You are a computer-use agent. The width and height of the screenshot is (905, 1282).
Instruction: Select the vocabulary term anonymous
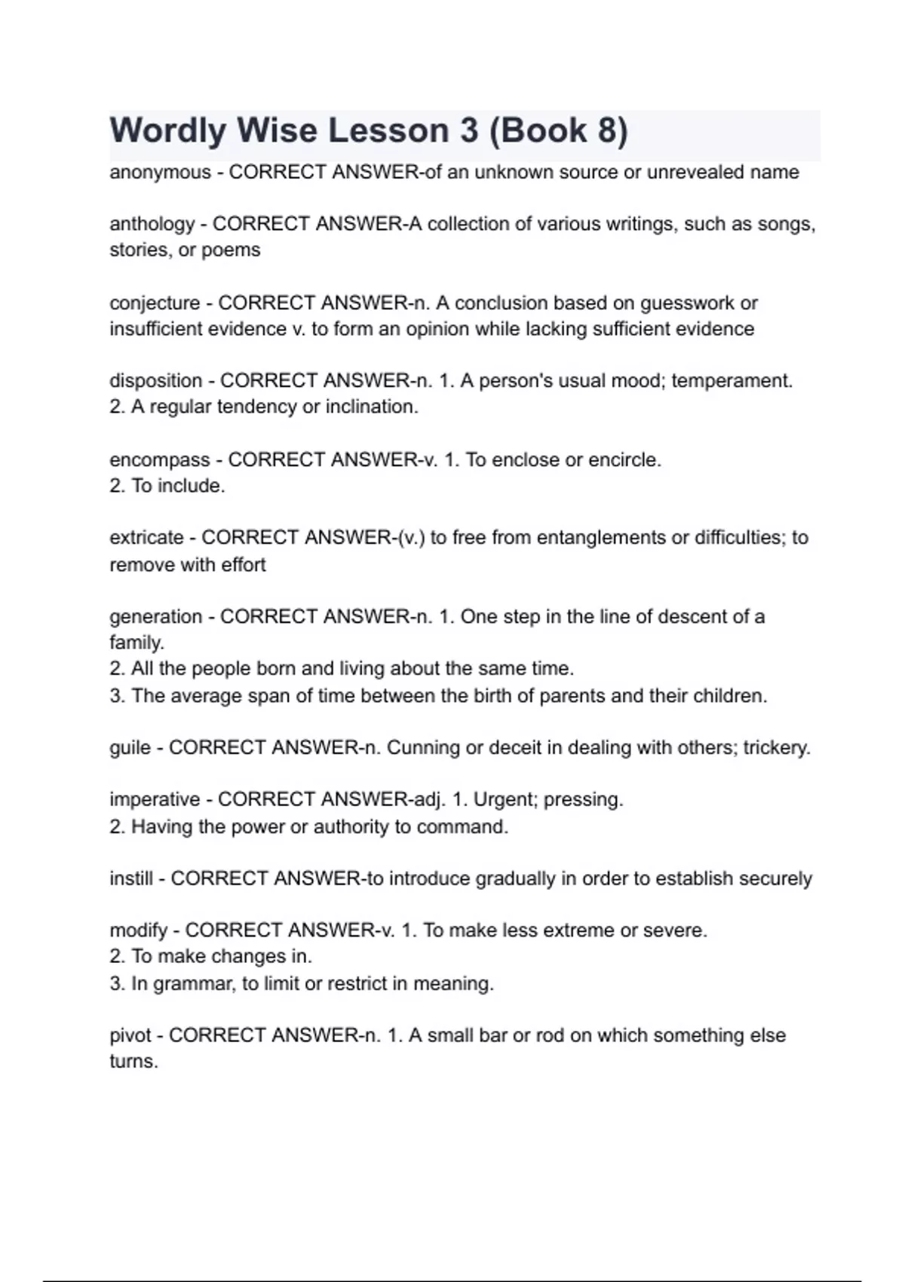(160, 173)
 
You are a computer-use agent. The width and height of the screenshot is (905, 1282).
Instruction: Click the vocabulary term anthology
(152, 224)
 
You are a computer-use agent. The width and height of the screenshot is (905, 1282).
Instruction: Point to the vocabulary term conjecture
(155, 303)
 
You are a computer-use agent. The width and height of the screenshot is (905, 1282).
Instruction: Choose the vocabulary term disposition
(155, 381)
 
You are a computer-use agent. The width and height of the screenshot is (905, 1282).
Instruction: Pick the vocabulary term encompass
(159, 460)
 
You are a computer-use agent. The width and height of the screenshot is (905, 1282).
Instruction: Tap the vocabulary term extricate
(146, 538)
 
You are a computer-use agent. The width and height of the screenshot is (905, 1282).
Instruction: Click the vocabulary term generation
(155, 617)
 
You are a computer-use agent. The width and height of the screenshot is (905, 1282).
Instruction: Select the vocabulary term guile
(130, 748)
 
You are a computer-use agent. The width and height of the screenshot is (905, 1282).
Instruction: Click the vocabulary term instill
(130, 879)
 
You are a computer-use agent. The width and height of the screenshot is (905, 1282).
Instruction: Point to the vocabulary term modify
(137, 931)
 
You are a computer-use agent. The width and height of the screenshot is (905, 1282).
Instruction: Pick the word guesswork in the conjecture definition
(687, 303)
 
